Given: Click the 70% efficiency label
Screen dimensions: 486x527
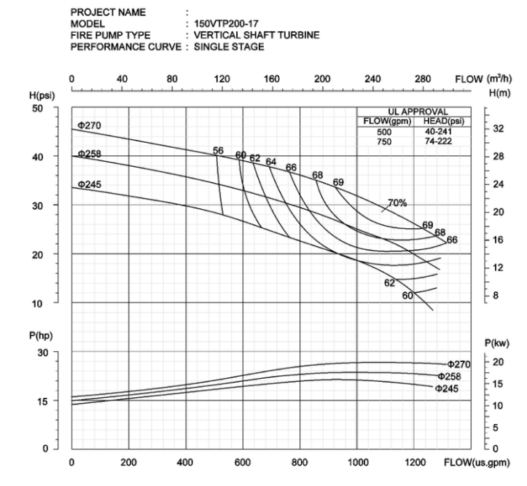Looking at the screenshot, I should [397, 203].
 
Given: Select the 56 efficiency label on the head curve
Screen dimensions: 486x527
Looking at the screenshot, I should [218, 150].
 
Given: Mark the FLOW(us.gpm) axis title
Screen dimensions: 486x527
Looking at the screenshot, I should [482, 462].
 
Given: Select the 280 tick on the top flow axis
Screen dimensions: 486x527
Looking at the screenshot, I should [423, 79].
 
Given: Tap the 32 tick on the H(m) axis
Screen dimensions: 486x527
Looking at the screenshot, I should [498, 128].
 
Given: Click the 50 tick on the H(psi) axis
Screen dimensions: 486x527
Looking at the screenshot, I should [58, 108].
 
